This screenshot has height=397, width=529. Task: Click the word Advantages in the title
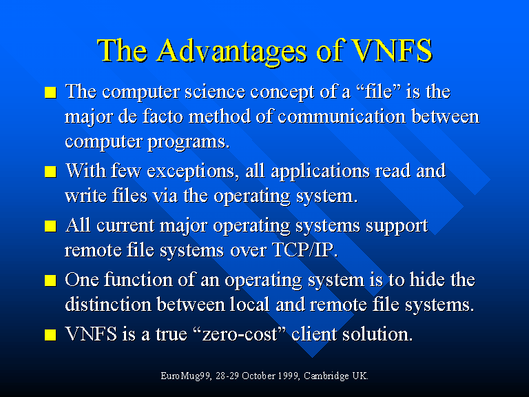coord(232,51)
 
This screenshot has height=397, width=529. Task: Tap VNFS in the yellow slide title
coord(391,50)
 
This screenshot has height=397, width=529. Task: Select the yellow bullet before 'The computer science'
coord(50,92)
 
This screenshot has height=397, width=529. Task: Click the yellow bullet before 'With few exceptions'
coord(50,172)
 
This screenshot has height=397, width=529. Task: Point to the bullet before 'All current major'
coord(50,226)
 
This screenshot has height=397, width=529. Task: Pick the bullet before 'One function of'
coord(50,281)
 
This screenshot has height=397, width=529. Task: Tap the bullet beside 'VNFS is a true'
coord(50,334)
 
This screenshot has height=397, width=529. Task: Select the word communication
coord(342,116)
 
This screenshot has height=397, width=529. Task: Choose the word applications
coord(320,171)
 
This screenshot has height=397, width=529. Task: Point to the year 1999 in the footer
coord(287,376)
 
